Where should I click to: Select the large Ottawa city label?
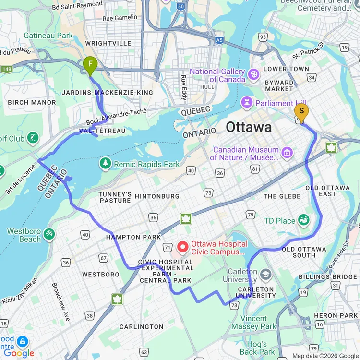point(249,127)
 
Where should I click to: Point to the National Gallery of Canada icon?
point(254,74)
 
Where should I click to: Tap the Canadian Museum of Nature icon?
point(287,153)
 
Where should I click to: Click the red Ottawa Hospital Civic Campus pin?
point(183,247)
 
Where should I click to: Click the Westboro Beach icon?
point(49,234)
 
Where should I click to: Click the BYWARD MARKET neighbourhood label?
point(279,85)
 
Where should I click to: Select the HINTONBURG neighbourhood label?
point(157,196)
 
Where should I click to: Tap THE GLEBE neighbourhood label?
point(282,196)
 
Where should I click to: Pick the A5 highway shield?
point(219,41)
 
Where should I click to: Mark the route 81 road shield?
point(255,168)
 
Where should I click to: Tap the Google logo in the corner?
point(19,353)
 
